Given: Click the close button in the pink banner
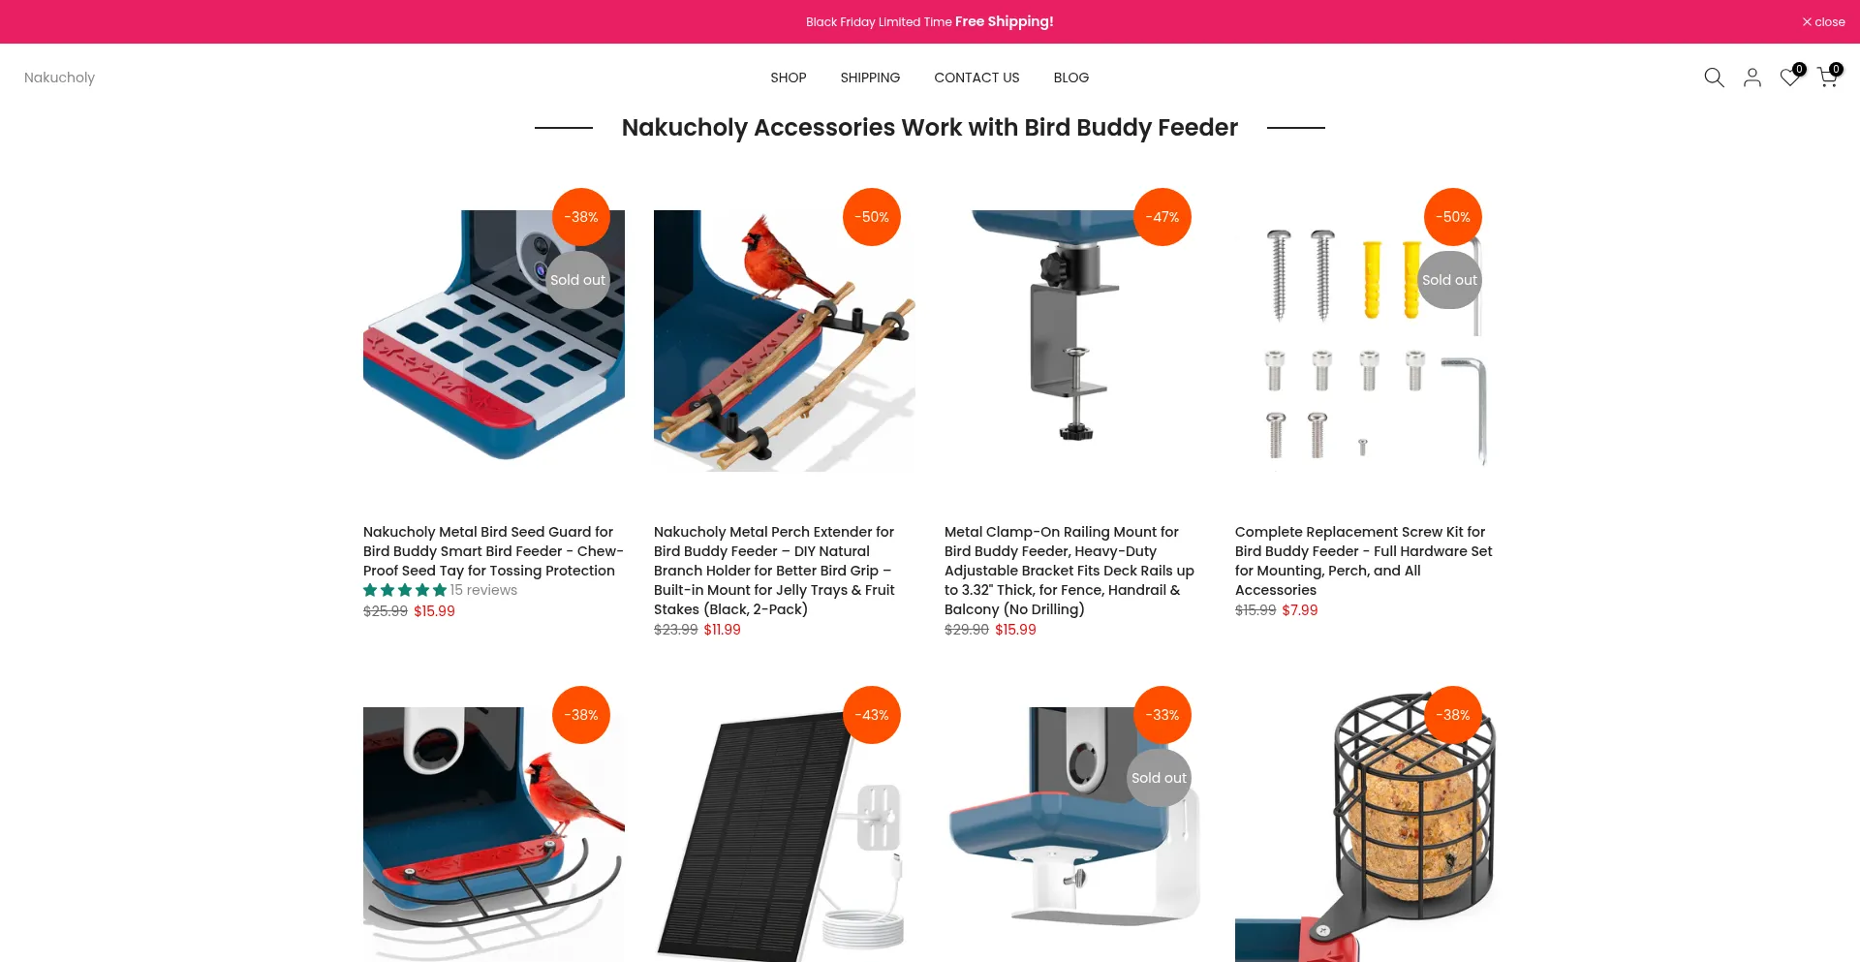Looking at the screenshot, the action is (x=1823, y=21).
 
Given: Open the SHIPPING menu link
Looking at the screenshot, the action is (x=870, y=78).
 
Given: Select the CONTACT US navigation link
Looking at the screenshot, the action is (x=976, y=78).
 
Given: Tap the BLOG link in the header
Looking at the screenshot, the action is (x=1071, y=78).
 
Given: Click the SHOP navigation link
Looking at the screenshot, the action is (x=789, y=78).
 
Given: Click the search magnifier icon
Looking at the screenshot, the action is (x=1714, y=78).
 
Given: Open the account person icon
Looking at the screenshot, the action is (x=1752, y=78).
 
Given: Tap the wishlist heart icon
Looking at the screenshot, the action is (x=1790, y=77).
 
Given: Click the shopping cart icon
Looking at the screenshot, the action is (x=1828, y=77).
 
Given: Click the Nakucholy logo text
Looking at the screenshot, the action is (x=59, y=78).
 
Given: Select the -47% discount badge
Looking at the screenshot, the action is (x=1162, y=217).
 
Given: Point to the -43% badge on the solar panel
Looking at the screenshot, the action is (x=872, y=715).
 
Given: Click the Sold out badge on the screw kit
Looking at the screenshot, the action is (x=1450, y=280).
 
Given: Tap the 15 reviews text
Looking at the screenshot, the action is (x=483, y=590).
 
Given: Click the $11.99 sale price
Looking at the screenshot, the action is (x=722, y=630).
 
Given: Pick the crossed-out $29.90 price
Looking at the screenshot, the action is (x=967, y=630).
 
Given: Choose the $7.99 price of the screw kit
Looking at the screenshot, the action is (x=1300, y=610).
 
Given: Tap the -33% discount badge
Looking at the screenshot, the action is (x=1162, y=715).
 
